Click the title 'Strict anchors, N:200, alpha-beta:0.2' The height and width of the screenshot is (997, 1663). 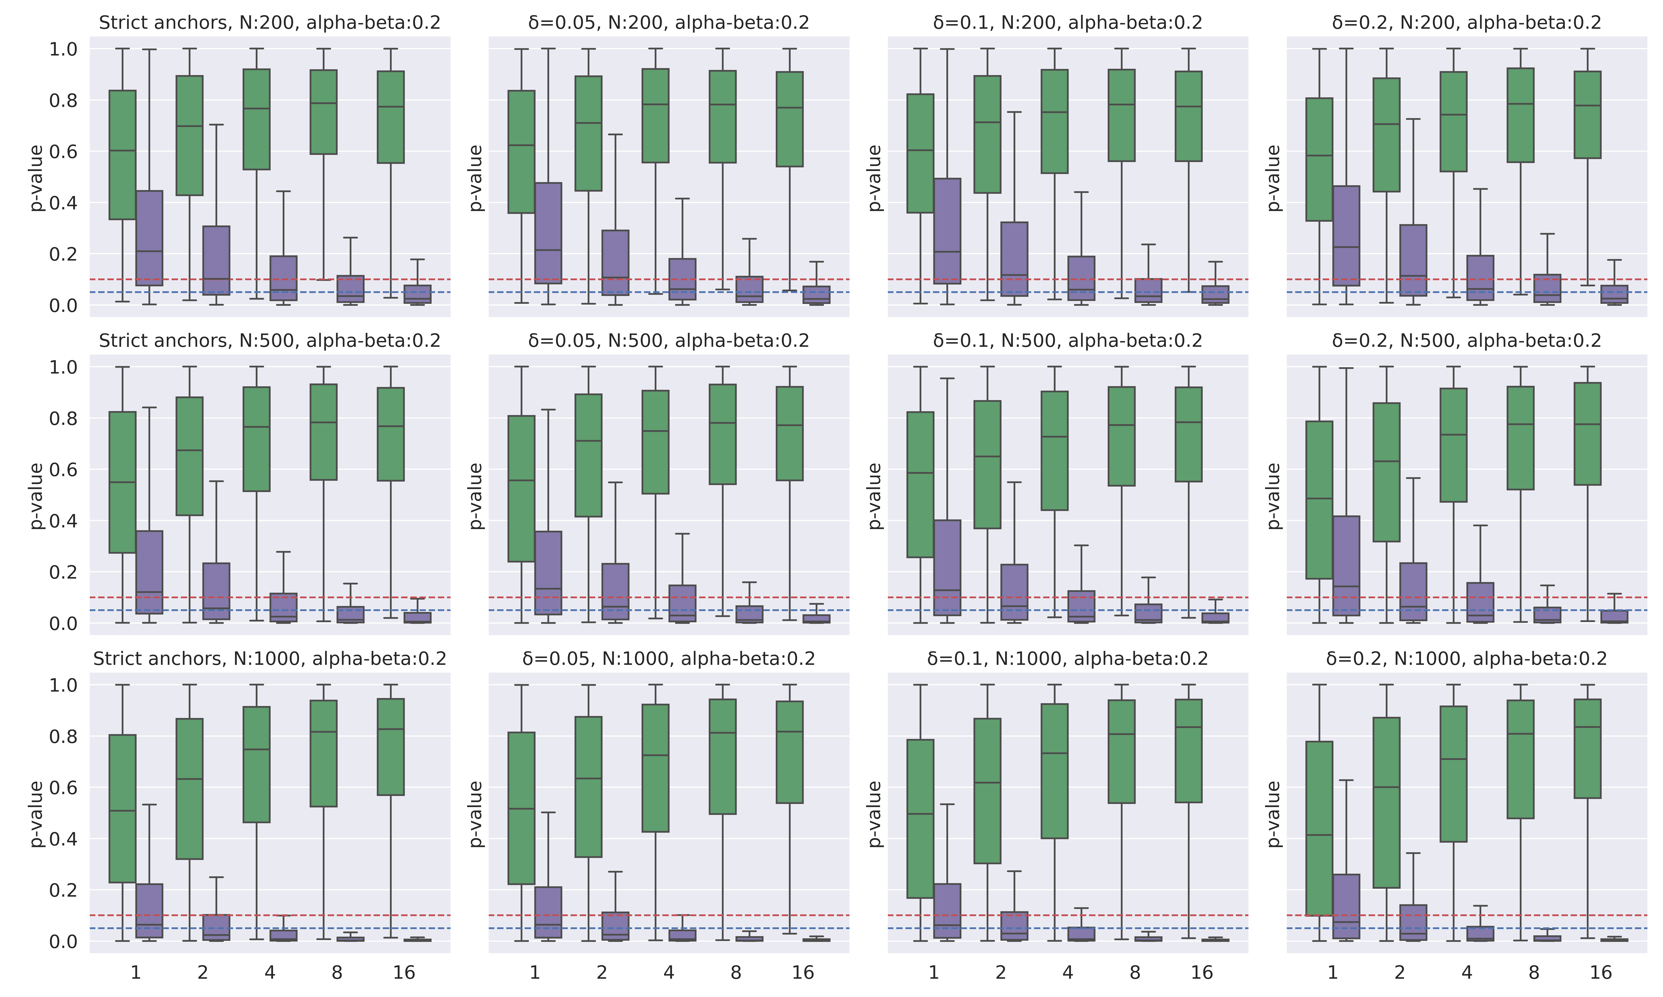tap(270, 23)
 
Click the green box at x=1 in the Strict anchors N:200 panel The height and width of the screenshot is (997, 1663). tap(122, 155)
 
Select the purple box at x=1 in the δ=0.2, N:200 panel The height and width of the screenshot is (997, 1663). tap(1346, 235)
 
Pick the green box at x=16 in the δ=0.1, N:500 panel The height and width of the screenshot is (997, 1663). tap(1188, 434)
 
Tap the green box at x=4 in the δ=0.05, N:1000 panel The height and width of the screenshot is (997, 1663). tap(655, 768)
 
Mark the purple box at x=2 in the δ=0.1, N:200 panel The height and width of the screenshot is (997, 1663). tap(1014, 259)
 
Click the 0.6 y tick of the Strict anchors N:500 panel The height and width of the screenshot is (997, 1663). tap(63, 470)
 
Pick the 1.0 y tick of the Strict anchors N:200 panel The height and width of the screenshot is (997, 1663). tap(63, 49)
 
